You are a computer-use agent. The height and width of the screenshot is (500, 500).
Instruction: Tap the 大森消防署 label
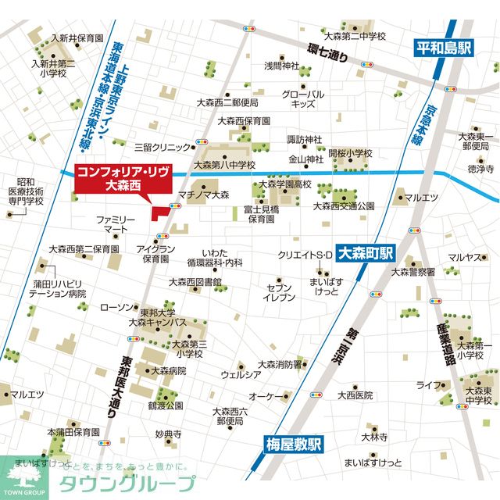(280, 364)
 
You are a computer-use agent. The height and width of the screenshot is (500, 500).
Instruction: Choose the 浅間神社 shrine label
(281, 65)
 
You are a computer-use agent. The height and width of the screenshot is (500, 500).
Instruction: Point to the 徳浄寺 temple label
(480, 168)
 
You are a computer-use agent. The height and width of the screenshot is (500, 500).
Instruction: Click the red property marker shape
(161, 213)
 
